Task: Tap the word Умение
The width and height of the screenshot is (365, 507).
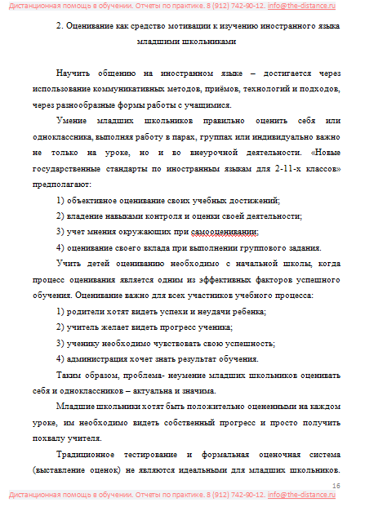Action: click(x=74, y=120)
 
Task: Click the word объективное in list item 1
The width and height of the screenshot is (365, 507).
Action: click(x=99, y=201)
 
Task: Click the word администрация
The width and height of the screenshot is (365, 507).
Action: click(x=104, y=359)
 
